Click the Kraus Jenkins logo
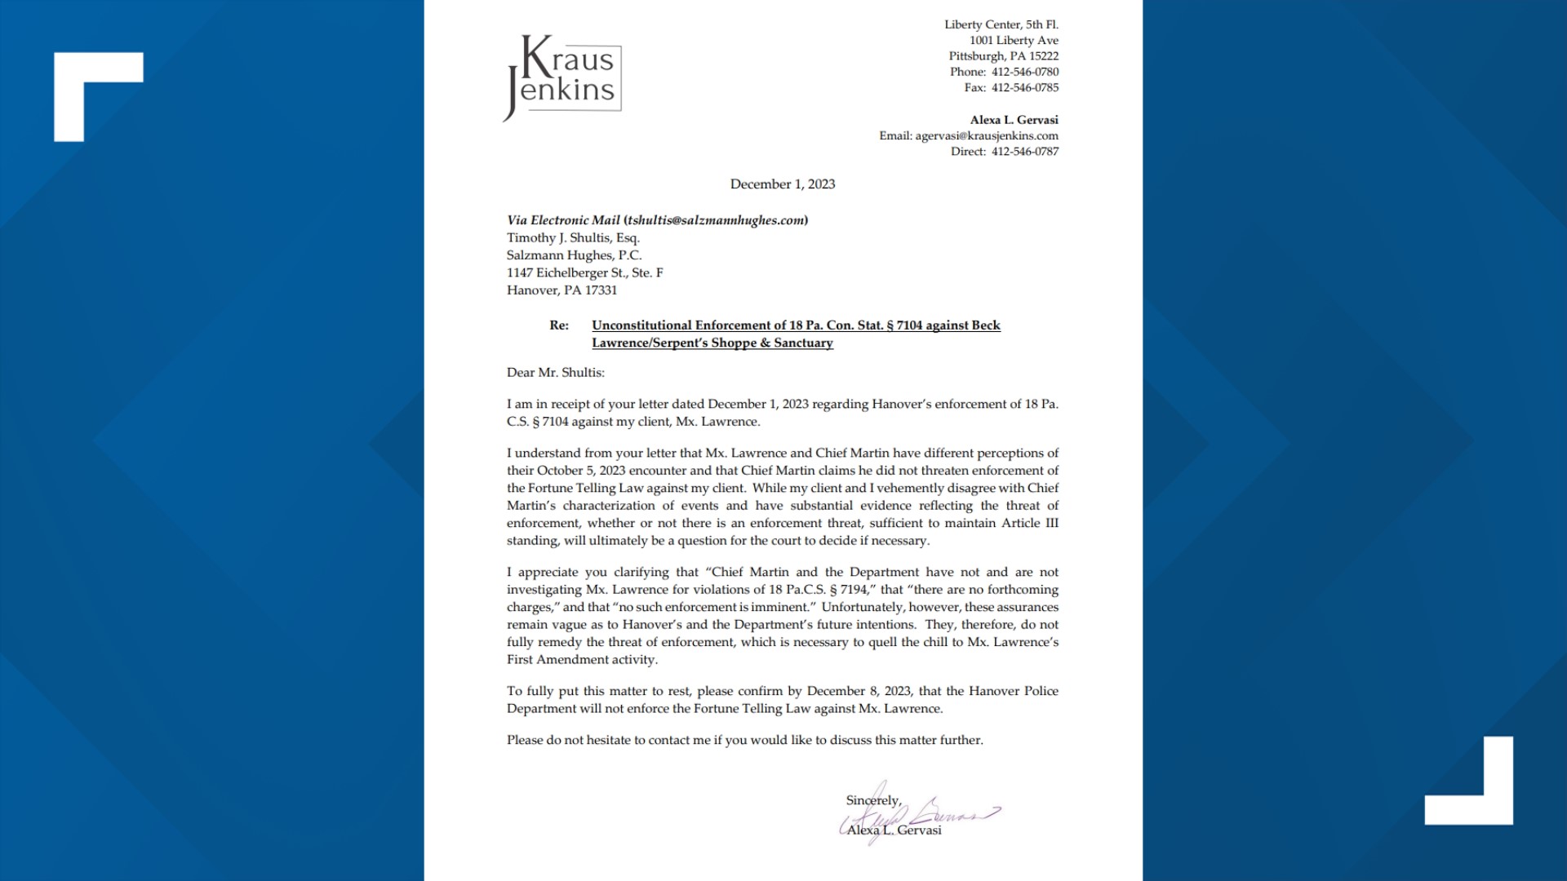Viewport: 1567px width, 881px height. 563,77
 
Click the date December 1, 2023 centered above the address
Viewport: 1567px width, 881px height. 782,184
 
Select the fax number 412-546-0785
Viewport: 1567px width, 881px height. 1024,87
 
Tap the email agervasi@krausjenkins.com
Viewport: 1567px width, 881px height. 986,135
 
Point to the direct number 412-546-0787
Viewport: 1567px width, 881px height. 1024,152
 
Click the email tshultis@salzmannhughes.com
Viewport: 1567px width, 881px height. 717,220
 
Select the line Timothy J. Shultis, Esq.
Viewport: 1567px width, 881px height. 573,238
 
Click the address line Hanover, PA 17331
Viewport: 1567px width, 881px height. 562,290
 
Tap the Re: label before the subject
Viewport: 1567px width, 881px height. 559,325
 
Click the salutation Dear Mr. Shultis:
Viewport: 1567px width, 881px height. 555,373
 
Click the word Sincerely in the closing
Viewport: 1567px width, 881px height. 872,800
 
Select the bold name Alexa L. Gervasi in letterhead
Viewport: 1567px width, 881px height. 1014,120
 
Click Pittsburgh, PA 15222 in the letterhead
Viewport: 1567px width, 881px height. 1003,56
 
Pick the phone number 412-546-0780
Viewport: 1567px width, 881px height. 1024,72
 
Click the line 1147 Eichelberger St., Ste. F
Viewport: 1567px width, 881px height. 584,273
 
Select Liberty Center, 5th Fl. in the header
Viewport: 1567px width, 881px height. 1001,24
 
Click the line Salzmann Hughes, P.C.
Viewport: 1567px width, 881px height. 574,255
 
